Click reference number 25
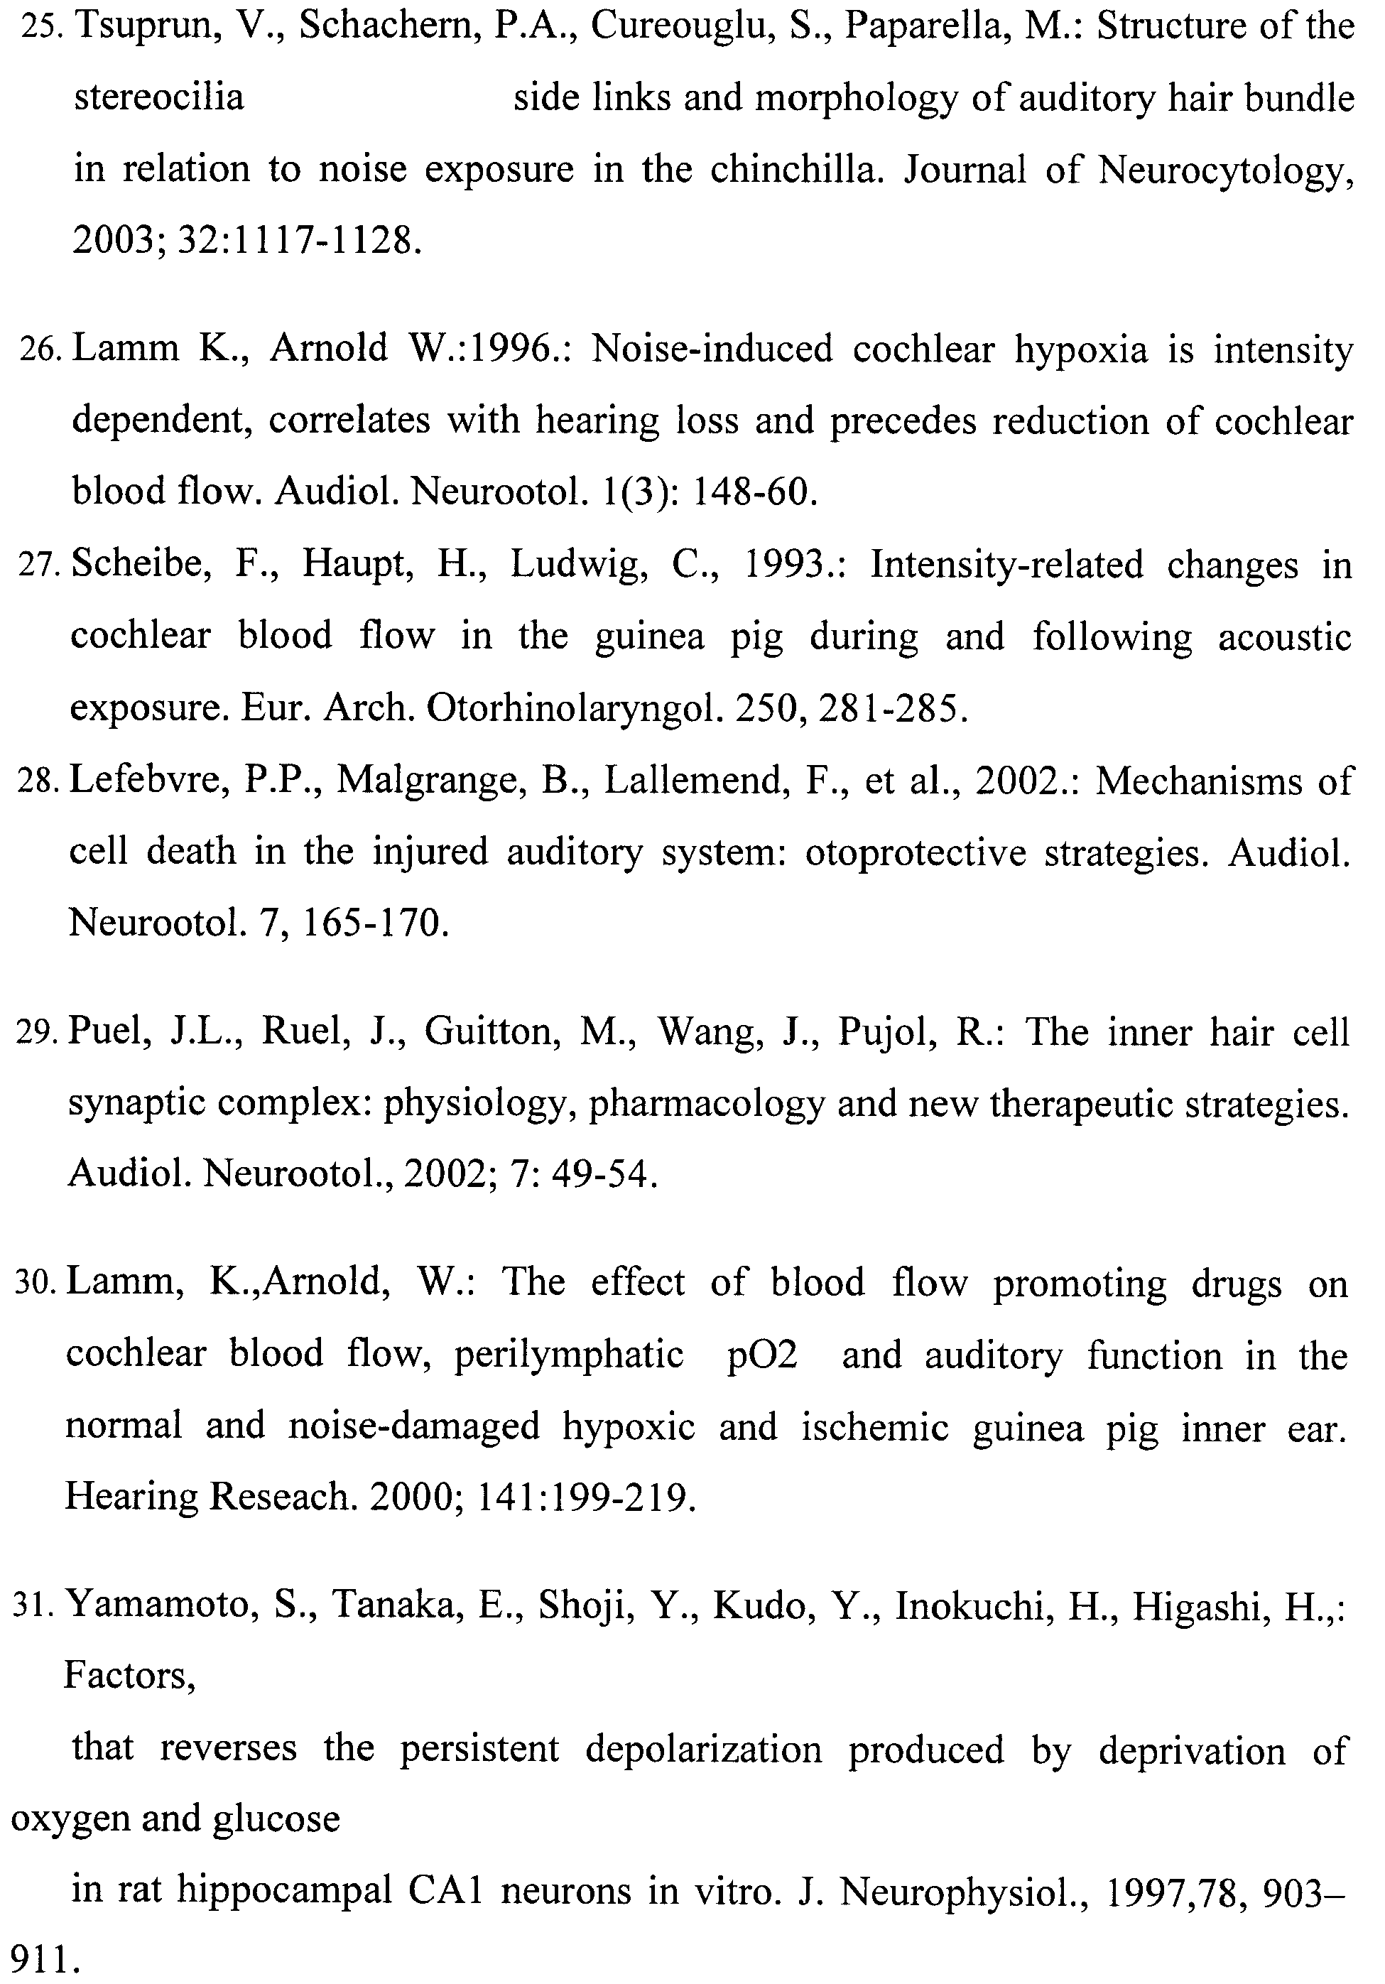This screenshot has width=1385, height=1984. (x=39, y=28)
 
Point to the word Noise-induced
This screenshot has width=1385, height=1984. (x=712, y=349)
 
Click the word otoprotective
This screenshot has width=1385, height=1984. (x=914, y=852)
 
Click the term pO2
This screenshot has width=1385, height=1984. (x=761, y=1355)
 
